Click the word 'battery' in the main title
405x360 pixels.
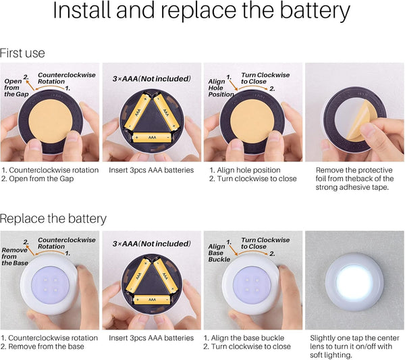click(x=315, y=11)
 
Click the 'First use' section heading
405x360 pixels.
click(x=22, y=53)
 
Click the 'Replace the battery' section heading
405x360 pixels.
click(x=53, y=219)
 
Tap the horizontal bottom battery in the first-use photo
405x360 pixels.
click(x=152, y=137)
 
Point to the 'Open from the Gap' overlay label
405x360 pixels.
click(x=16, y=88)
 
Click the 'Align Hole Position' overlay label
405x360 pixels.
click(x=221, y=88)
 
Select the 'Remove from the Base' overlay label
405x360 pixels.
click(x=14, y=257)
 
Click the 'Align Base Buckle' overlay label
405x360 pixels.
click(x=219, y=253)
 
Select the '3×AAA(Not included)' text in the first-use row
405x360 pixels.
click(x=152, y=78)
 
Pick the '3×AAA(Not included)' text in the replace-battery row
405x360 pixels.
click(x=152, y=244)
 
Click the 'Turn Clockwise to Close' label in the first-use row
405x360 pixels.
click(x=265, y=78)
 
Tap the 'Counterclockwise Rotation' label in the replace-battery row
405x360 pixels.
click(x=67, y=243)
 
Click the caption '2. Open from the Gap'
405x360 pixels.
click(x=37, y=178)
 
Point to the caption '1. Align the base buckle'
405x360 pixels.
click(x=244, y=338)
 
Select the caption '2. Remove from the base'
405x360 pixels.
click(x=43, y=346)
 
